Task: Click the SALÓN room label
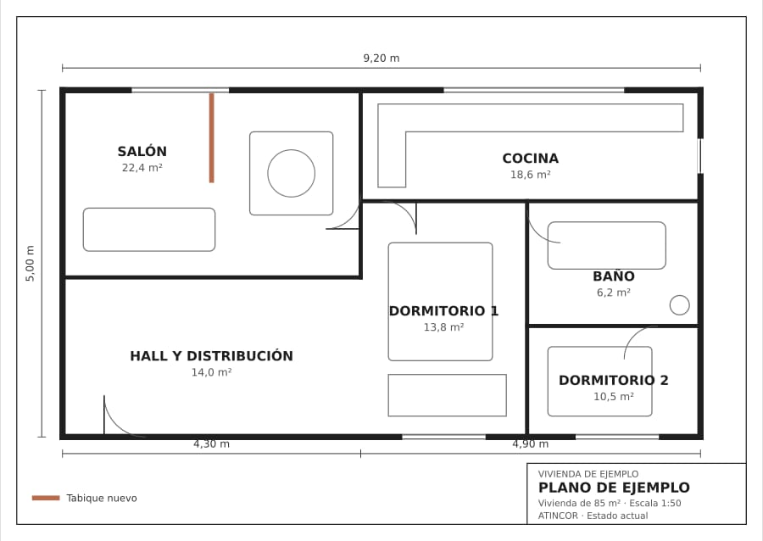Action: [142, 151]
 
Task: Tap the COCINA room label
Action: [531, 158]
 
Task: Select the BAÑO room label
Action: [614, 276]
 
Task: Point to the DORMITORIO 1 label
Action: [443, 311]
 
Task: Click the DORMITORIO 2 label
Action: [614, 380]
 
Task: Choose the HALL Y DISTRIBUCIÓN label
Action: [212, 355]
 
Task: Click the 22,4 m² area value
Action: [142, 168]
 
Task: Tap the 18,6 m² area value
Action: [531, 175]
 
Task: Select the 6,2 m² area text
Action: [614, 293]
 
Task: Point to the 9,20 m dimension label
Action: [381, 59]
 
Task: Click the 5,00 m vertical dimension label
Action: [31, 263]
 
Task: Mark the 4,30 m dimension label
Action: [212, 443]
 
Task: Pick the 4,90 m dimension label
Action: [531, 443]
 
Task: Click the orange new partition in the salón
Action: [212, 138]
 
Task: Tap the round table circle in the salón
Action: [292, 150]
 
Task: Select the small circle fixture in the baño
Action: [680, 296]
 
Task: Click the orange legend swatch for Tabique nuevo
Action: [46, 498]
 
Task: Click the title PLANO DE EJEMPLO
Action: [614, 488]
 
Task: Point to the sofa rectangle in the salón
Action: [149, 209]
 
